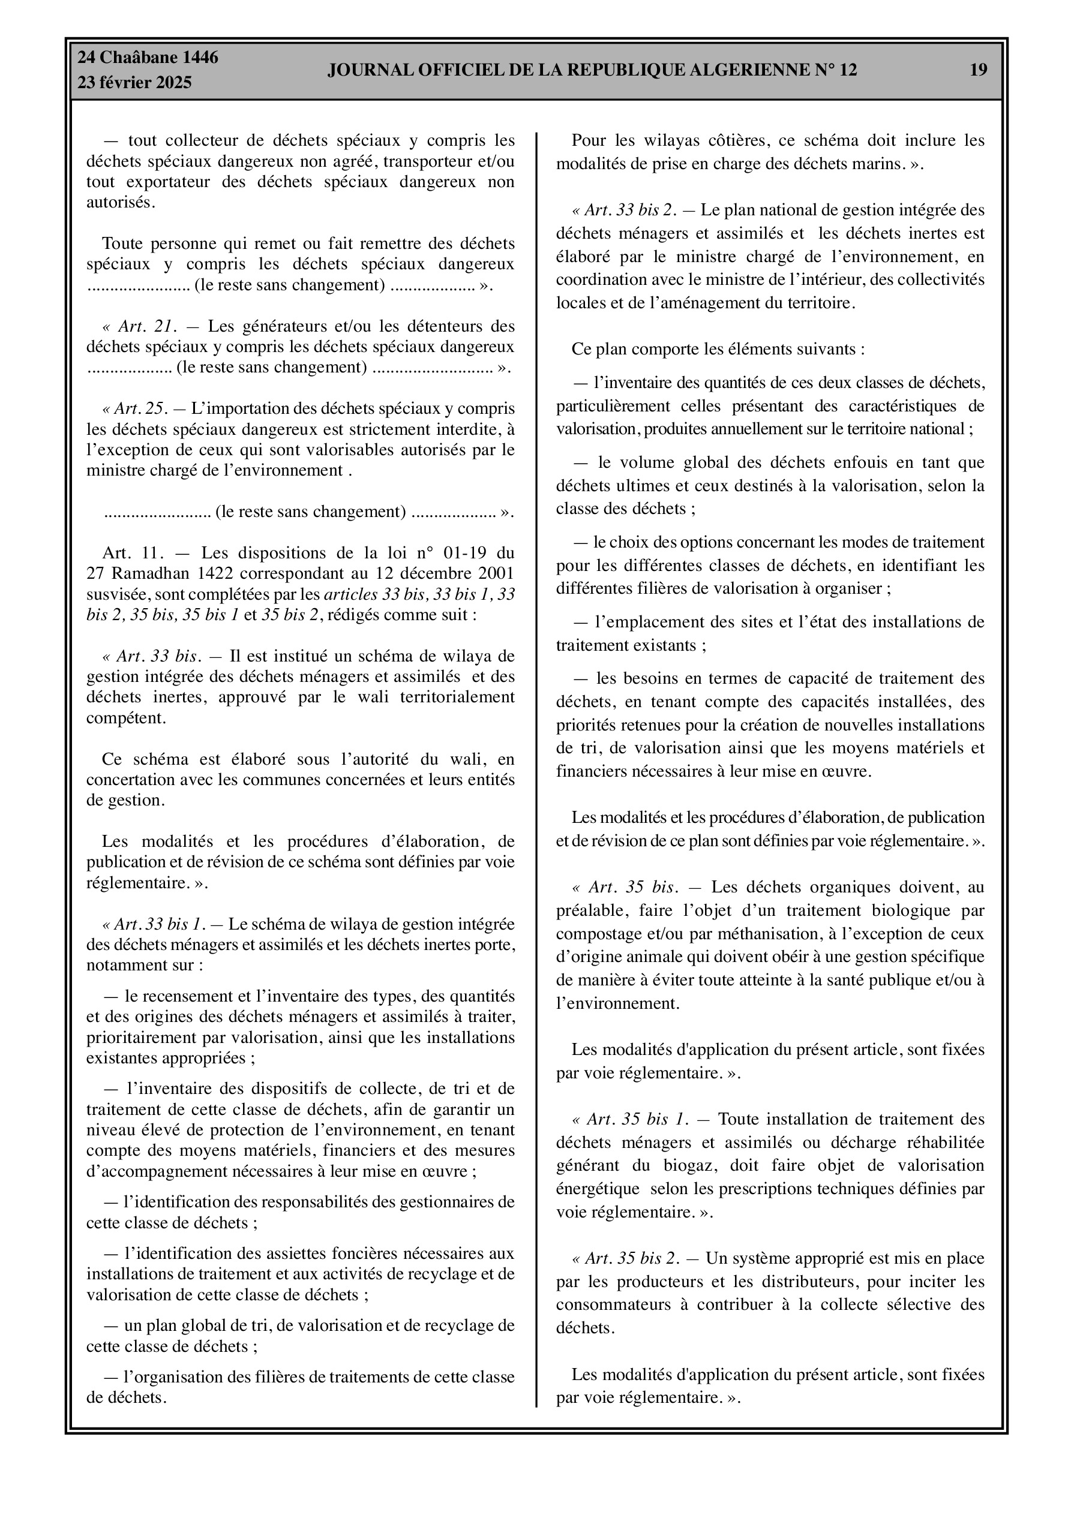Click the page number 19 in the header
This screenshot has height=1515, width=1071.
pyautogui.click(x=978, y=70)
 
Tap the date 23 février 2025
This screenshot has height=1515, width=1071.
pyautogui.click(x=135, y=83)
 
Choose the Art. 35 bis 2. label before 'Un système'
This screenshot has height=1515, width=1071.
pyautogui.click(x=632, y=1258)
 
